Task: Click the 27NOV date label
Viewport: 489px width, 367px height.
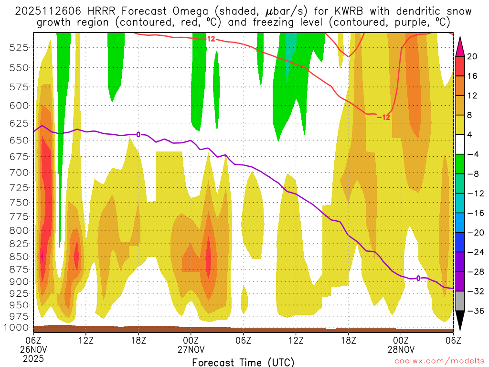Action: click(191, 349)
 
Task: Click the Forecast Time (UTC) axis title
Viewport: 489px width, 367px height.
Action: click(243, 362)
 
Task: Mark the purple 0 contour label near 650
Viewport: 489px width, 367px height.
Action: click(138, 134)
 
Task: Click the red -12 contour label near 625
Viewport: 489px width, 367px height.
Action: click(383, 117)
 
